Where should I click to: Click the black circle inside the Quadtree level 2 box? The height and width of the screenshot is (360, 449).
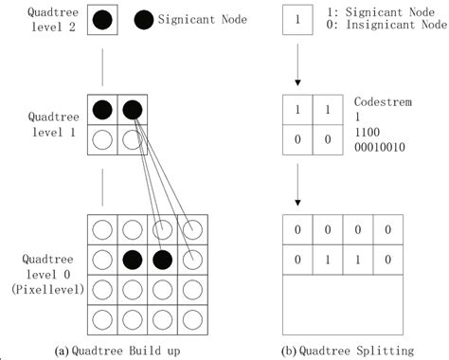103,19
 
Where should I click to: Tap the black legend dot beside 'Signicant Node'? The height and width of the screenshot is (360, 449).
143,19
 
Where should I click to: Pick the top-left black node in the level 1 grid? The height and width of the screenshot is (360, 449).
103,110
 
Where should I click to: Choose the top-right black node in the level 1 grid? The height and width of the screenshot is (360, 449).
132,110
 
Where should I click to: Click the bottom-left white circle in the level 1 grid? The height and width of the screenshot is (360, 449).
103,139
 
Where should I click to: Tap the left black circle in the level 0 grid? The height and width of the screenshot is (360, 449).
133,258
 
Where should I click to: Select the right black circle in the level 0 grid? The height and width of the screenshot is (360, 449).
162,258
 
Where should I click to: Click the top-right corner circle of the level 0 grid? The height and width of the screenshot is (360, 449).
191,228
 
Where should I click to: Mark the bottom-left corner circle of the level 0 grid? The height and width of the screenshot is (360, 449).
103,315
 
